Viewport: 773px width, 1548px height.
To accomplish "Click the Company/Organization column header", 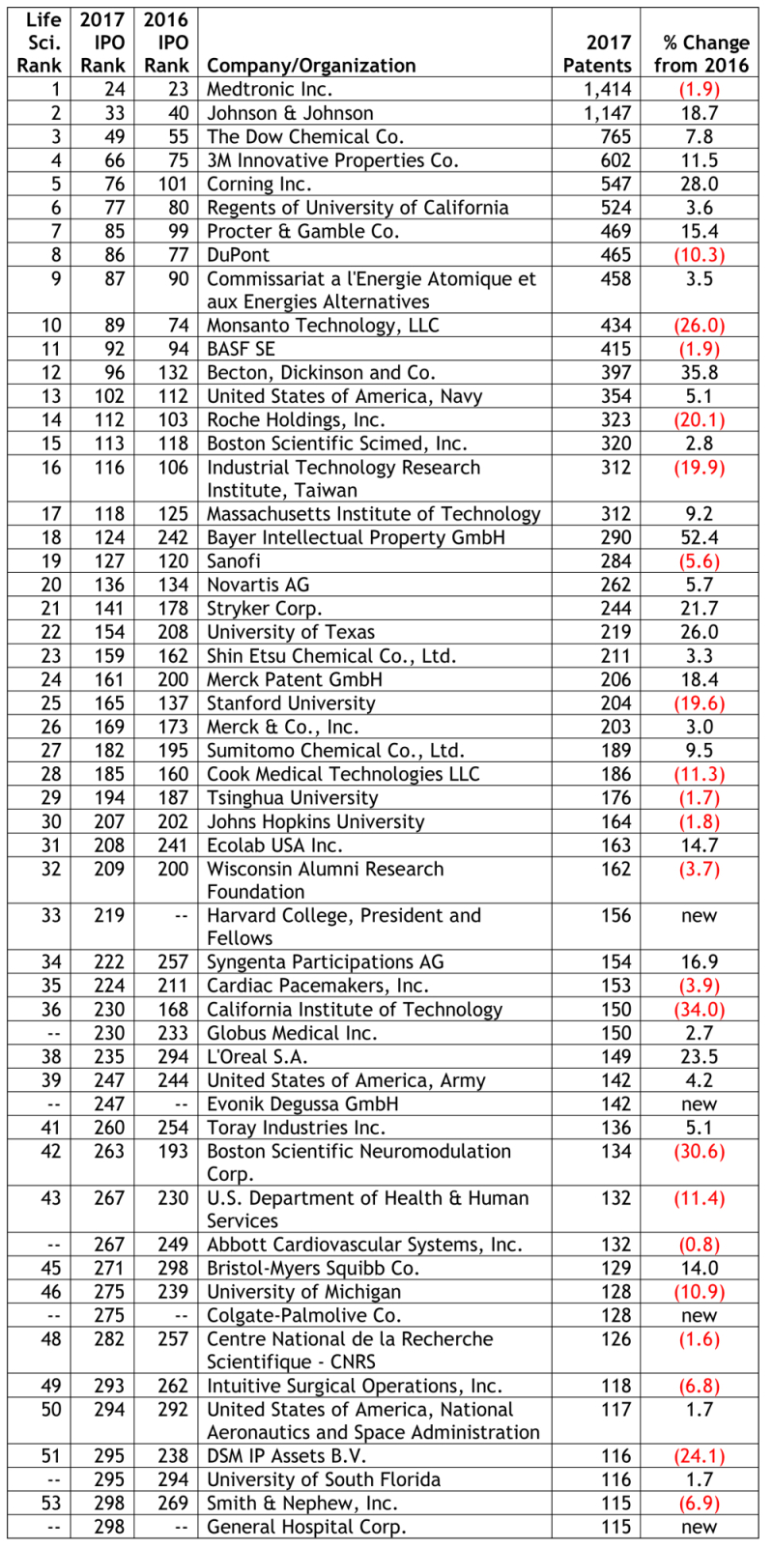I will (x=311, y=66).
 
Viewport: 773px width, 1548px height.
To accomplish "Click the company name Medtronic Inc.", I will (x=270, y=89).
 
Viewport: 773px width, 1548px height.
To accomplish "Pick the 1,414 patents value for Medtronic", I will (x=608, y=89).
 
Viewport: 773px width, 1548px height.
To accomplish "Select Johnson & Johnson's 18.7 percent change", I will (x=699, y=113).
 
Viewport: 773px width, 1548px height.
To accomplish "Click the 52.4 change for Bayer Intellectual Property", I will (x=699, y=537).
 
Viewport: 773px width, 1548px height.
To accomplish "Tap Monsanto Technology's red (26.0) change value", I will (x=701, y=326).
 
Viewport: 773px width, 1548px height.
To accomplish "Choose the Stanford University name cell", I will (x=291, y=703).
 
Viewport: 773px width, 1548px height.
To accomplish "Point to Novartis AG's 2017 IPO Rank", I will (x=109, y=585).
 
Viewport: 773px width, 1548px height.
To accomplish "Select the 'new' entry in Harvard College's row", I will (x=699, y=915).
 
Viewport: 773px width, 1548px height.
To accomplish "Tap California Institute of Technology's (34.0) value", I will (x=701, y=1010).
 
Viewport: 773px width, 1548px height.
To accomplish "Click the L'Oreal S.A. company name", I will (x=257, y=1057).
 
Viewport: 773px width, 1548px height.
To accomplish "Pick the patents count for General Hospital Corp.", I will (x=616, y=1527).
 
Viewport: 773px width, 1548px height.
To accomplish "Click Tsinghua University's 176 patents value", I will (x=616, y=798).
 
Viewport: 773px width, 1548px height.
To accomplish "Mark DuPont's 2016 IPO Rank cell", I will (x=177, y=255).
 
